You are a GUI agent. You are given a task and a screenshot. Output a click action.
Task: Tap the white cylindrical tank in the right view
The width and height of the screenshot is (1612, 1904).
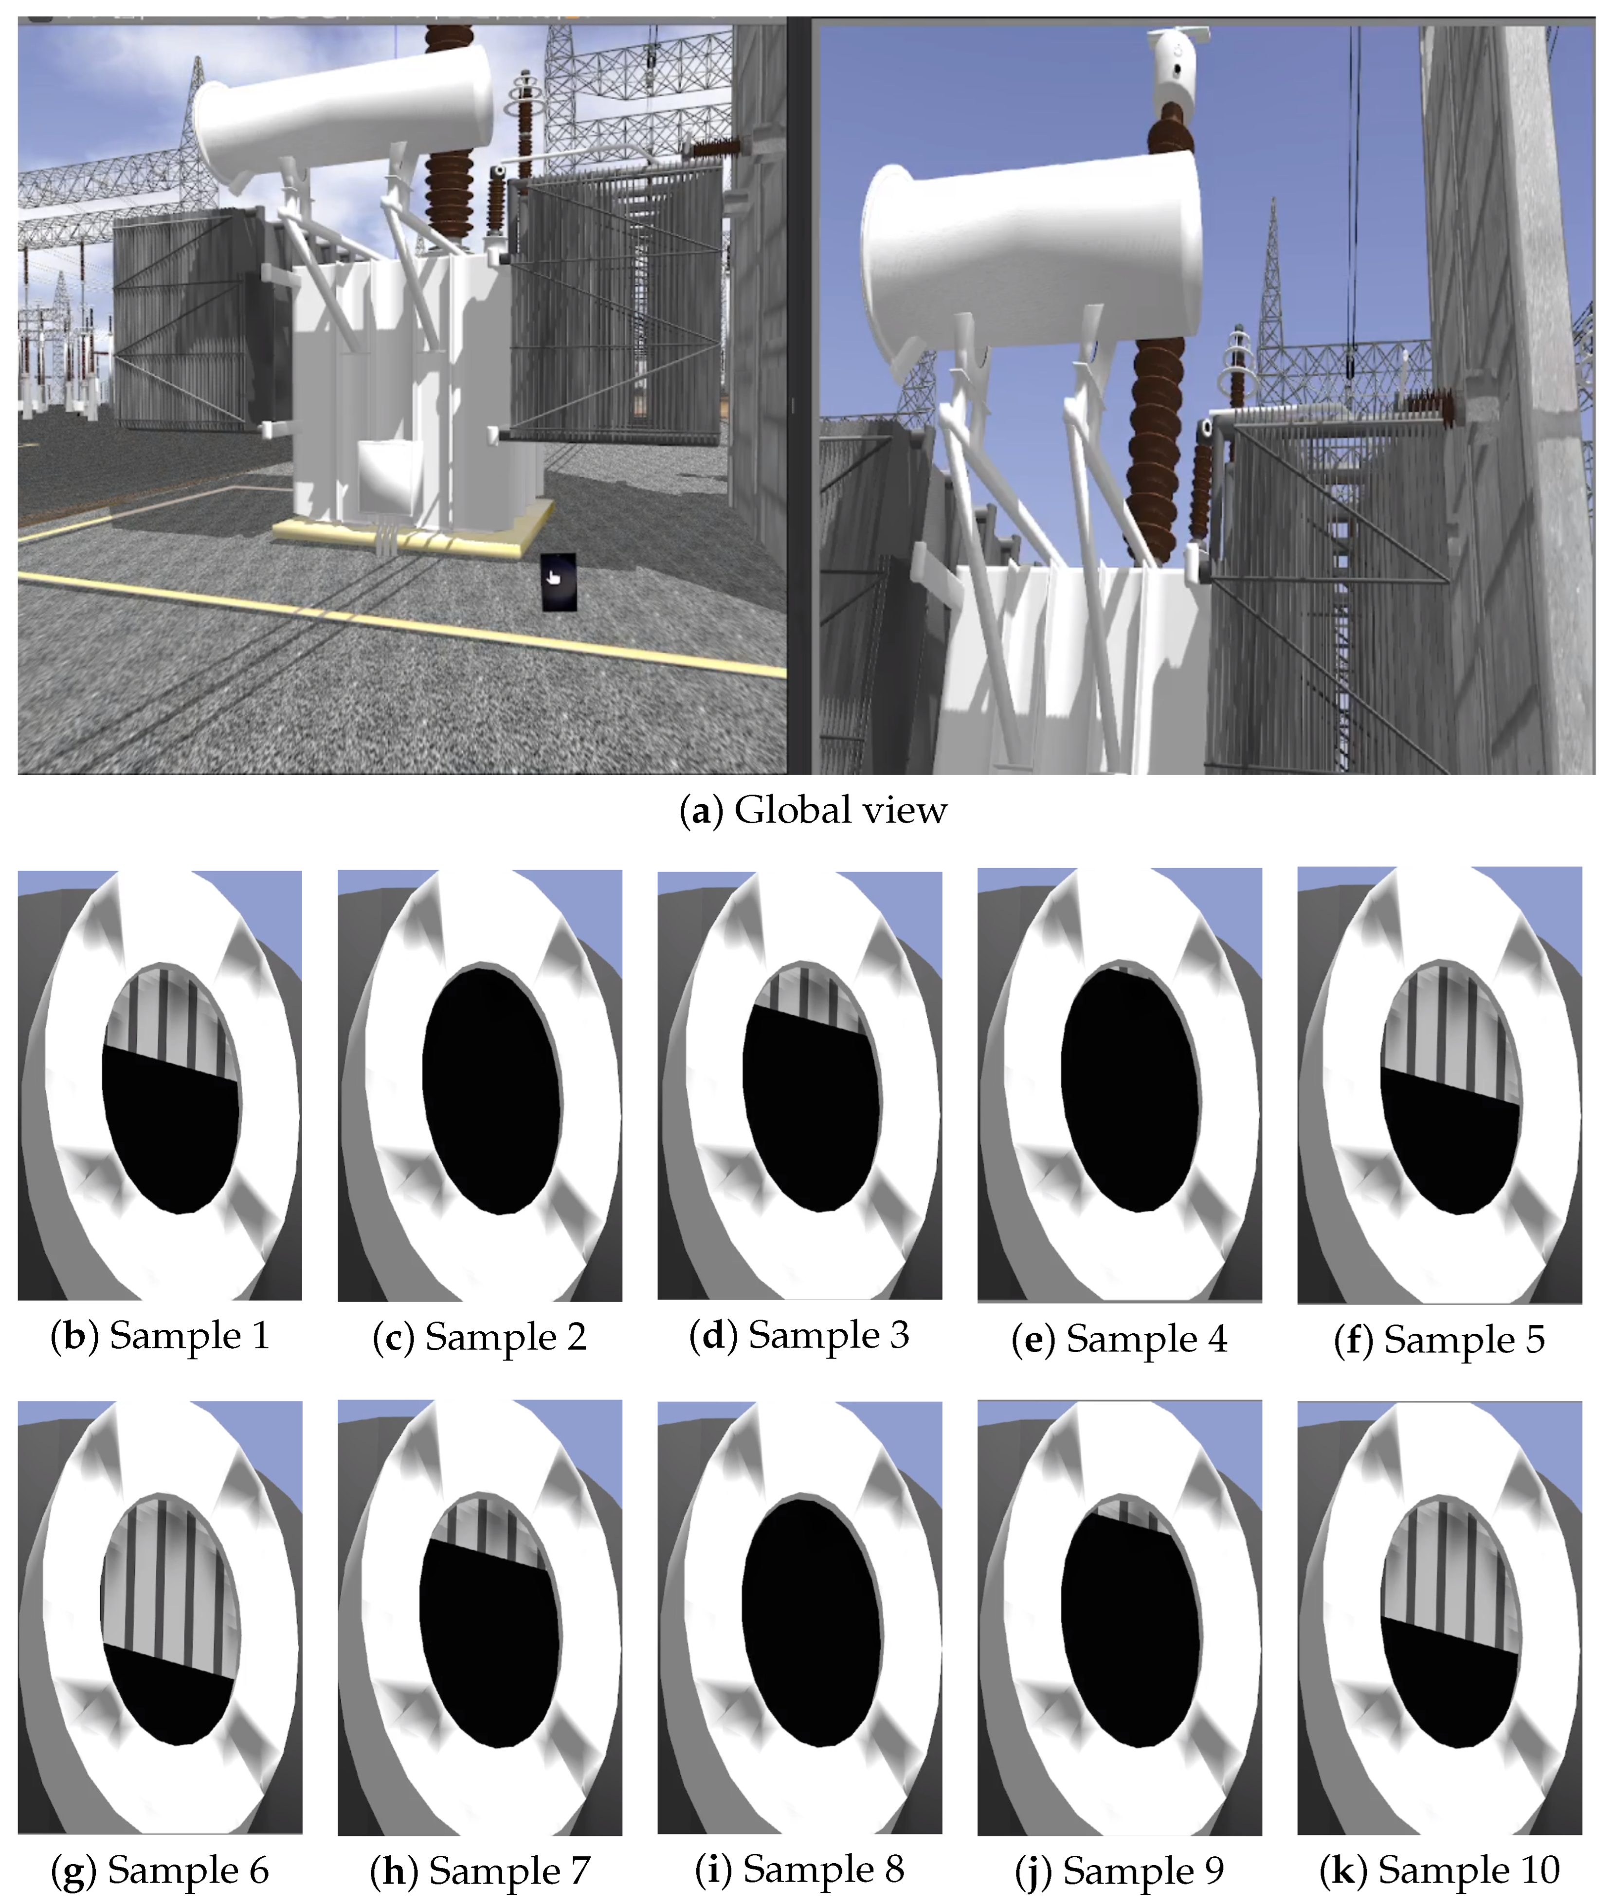1032,251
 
